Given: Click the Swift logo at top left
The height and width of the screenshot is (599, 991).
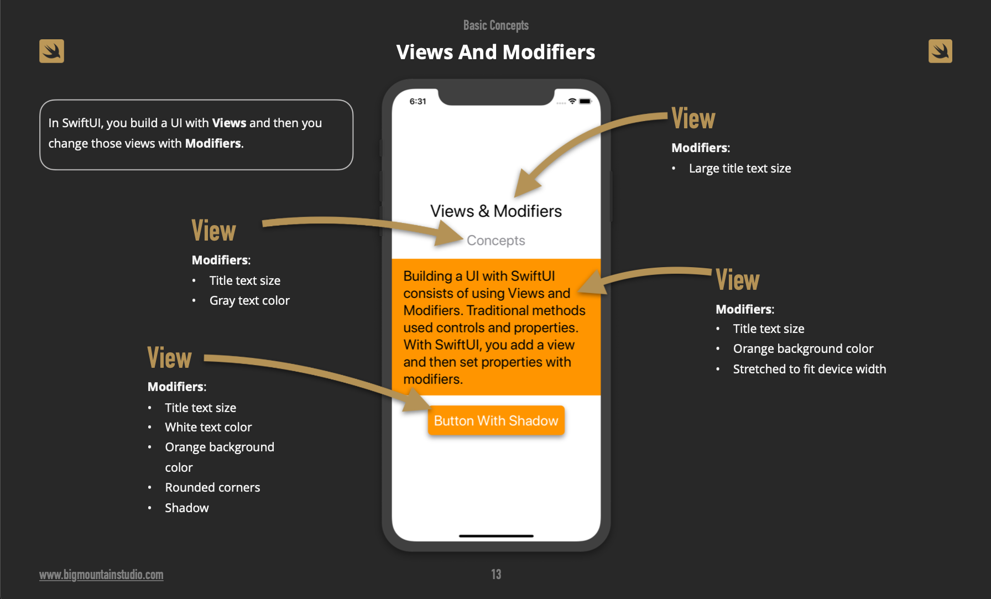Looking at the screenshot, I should point(51,51).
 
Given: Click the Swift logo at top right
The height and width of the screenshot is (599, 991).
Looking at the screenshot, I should point(940,51).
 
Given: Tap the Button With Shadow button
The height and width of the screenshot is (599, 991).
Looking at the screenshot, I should point(496,421).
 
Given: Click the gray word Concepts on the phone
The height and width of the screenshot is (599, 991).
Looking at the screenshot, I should point(496,241).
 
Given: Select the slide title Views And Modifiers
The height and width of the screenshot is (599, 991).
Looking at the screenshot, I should point(496,52).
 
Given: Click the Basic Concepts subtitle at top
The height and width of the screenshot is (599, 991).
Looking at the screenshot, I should point(496,25).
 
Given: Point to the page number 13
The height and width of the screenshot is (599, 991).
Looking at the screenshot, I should point(496,574).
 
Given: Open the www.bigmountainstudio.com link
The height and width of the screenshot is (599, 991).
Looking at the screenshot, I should point(101,575).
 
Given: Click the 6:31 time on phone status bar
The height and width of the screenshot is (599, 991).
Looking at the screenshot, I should point(418,101).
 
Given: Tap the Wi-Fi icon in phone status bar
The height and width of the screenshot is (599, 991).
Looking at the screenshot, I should point(572,101).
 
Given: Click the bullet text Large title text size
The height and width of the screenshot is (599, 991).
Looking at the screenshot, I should point(739,169).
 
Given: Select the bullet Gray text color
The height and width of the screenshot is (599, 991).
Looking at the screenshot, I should point(249,301).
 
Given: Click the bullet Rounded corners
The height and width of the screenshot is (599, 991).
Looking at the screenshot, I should point(212,488).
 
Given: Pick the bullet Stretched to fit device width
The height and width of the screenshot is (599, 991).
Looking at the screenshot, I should point(809,369).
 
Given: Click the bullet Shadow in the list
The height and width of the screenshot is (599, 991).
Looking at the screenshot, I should point(187,508).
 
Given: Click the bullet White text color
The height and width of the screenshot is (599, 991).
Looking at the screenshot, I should point(208,428).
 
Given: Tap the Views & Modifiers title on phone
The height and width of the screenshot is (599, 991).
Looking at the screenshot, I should point(496,211).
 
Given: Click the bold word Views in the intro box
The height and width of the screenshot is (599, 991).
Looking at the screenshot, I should point(229,123).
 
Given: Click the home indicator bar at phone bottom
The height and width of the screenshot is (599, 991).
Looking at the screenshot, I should point(496,536).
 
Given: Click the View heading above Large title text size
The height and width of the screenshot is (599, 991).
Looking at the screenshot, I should point(693,119).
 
